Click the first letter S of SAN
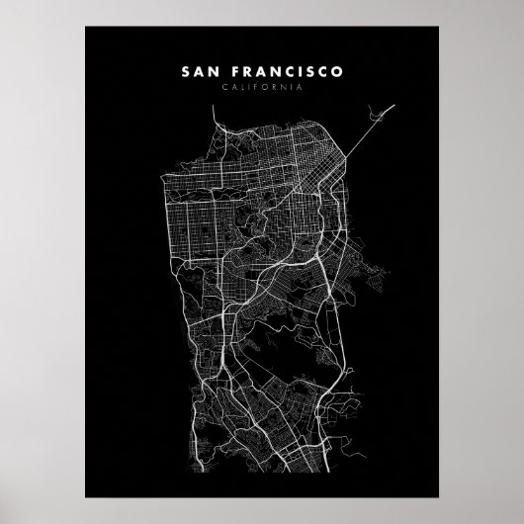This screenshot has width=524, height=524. click(x=187, y=72)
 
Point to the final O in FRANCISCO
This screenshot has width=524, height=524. click(x=338, y=72)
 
